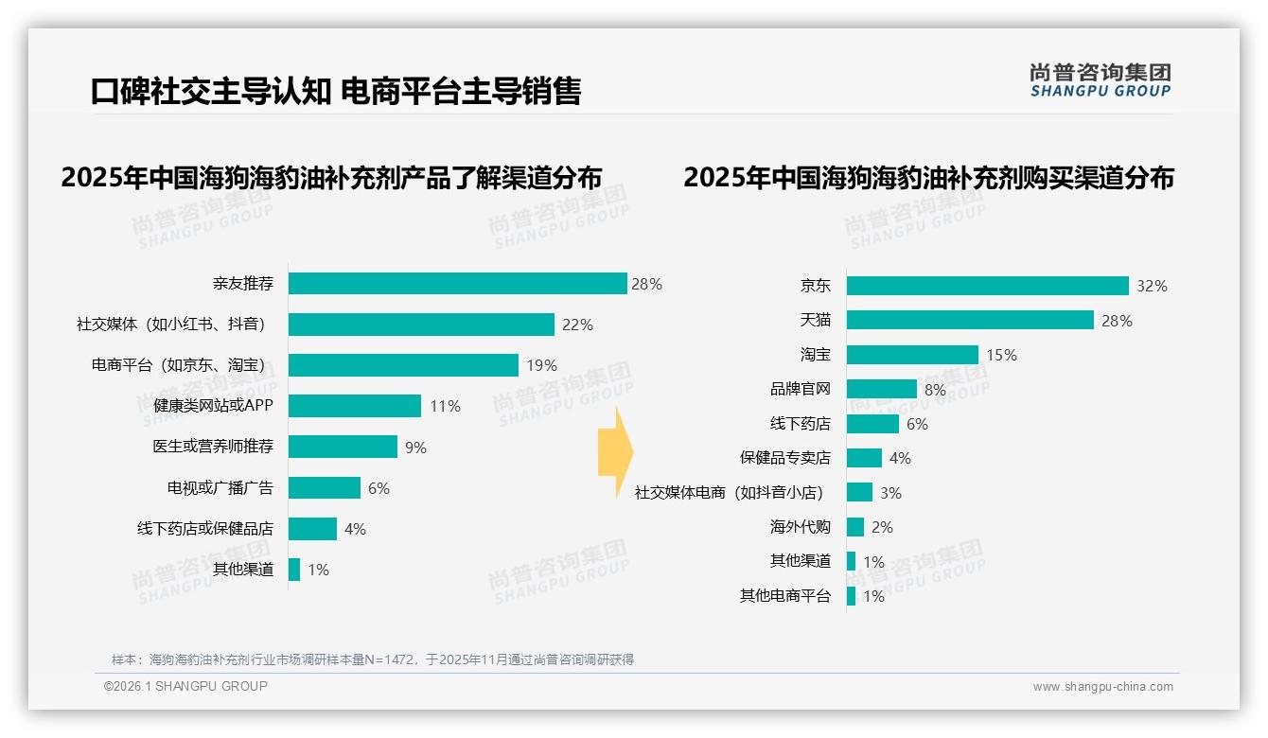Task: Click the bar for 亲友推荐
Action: click(x=457, y=284)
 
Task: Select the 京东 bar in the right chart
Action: click(x=987, y=286)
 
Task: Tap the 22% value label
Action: click(x=577, y=325)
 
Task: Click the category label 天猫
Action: click(x=815, y=321)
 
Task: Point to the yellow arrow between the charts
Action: click(x=615, y=453)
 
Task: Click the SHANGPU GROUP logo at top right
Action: click(x=1100, y=80)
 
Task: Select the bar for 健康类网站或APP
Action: click(x=355, y=406)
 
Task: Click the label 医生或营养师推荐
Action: click(x=213, y=447)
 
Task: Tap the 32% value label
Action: click(x=1153, y=286)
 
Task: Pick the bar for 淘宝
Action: click(x=912, y=355)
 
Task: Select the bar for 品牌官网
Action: click(x=881, y=389)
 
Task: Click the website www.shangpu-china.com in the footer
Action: click(x=1102, y=687)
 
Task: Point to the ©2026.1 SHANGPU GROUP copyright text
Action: click(x=185, y=686)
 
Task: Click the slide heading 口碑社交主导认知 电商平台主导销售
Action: click(x=336, y=92)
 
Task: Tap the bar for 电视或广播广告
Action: click(x=325, y=487)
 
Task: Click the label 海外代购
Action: click(x=800, y=526)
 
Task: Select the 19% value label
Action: click(x=541, y=365)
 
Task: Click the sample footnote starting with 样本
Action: click(x=373, y=659)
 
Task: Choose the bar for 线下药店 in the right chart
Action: click(x=872, y=424)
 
